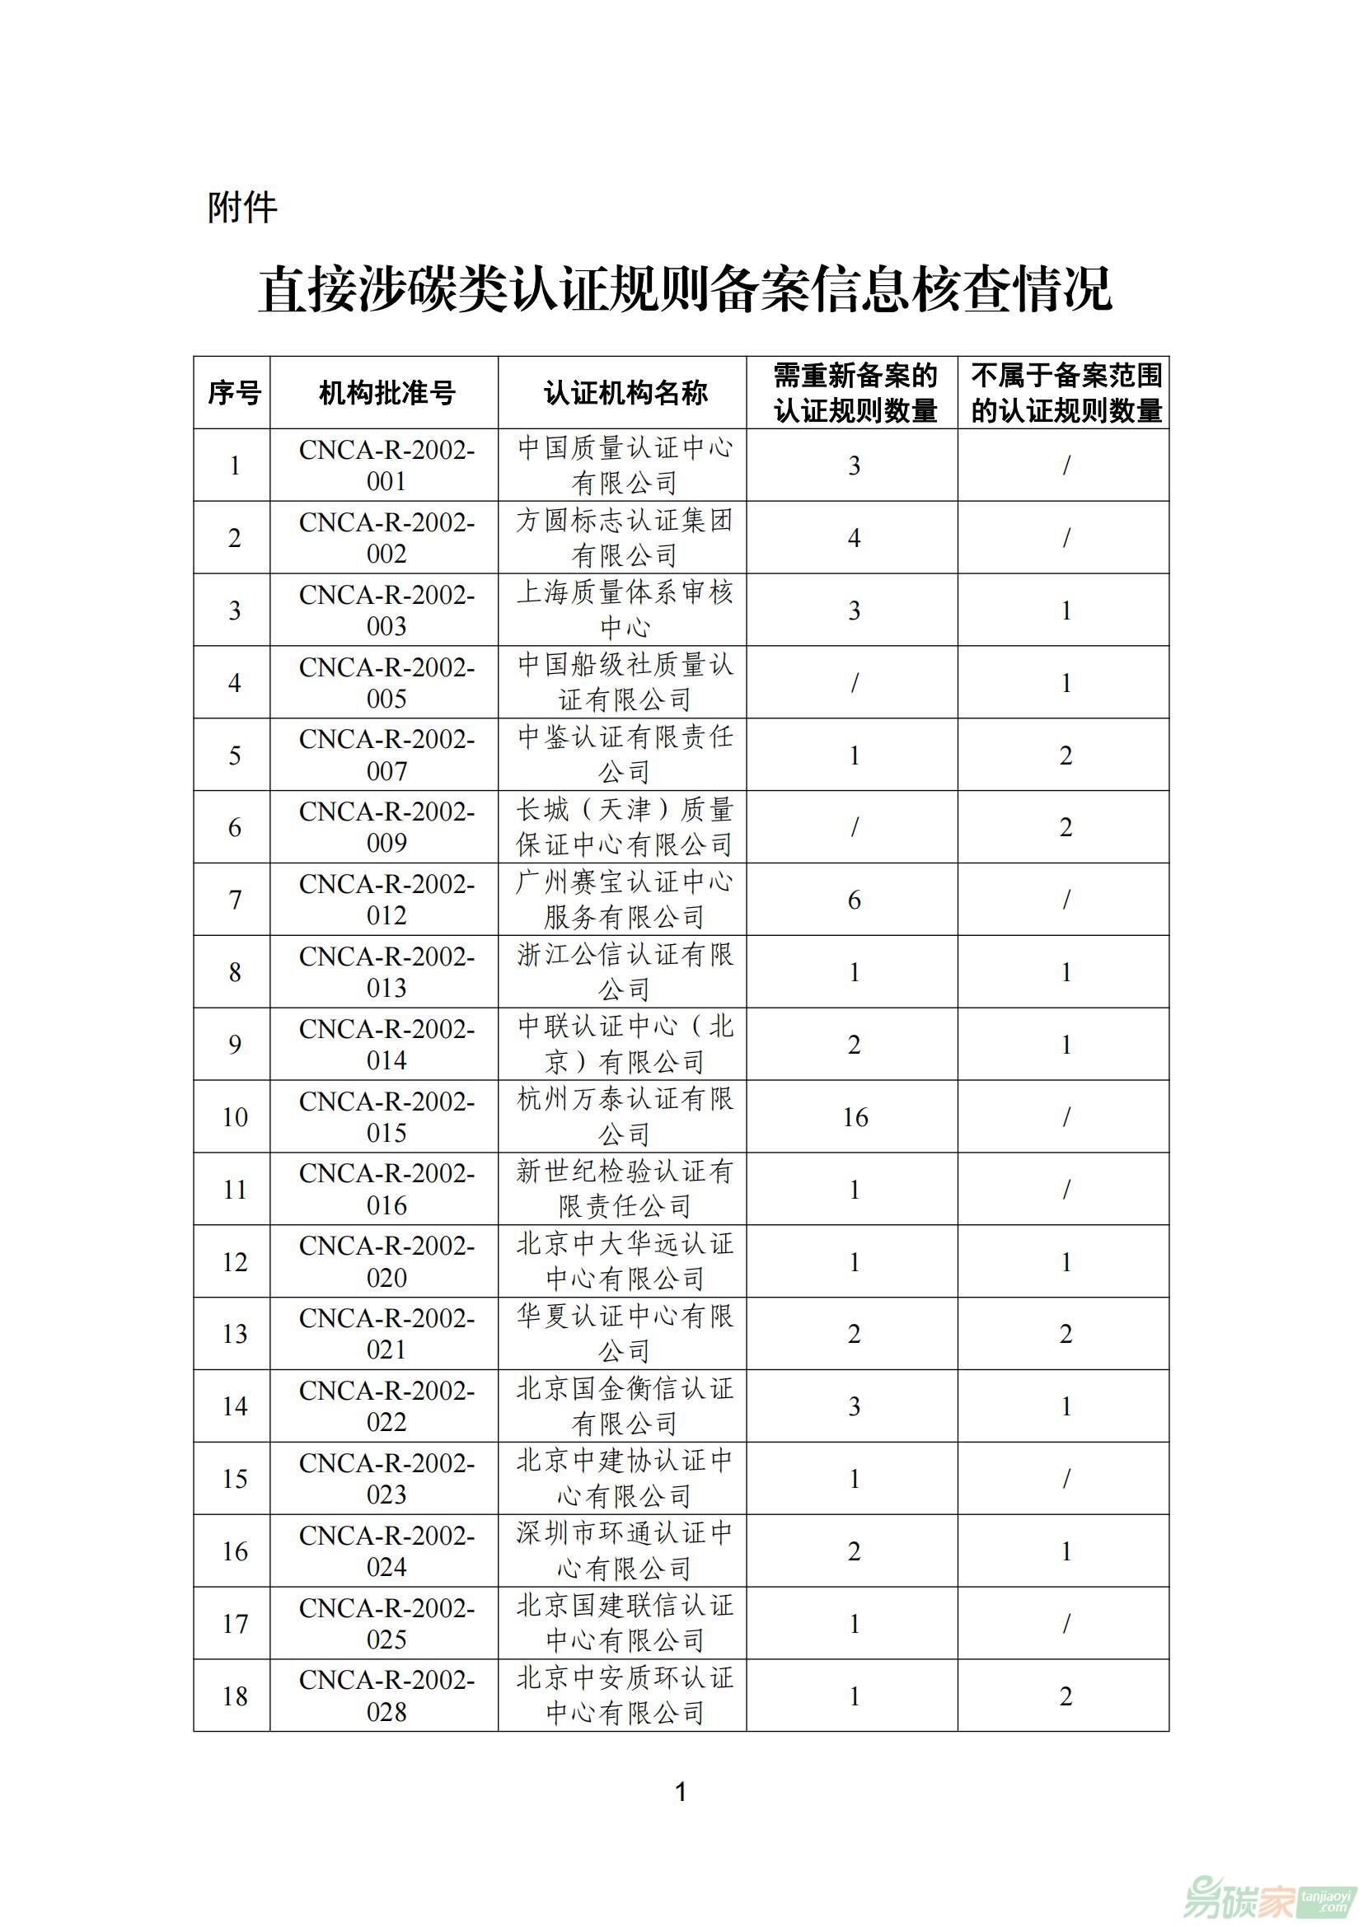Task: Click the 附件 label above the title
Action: pos(241,208)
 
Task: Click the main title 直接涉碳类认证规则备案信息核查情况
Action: pos(684,290)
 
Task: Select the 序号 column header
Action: pos(234,393)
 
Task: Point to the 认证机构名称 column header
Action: pos(625,393)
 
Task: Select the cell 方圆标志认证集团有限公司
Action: pos(625,538)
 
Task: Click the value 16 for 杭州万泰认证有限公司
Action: pos(855,1117)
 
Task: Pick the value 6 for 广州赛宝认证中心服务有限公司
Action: pos(855,900)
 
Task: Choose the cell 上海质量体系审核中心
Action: pos(625,610)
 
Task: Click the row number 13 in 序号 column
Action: pos(234,1335)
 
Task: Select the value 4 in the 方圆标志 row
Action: pos(855,538)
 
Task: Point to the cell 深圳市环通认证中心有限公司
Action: pos(625,1551)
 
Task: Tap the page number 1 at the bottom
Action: pos(681,1792)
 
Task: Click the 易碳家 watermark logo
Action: pos(1267,1895)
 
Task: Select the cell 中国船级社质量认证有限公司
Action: pos(625,682)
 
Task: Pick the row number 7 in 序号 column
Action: pos(234,900)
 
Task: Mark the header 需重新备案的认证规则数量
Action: pos(855,393)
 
